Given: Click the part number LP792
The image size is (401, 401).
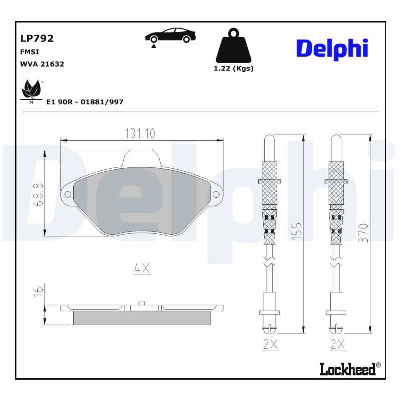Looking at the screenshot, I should (36, 38).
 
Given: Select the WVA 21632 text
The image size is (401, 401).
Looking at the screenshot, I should (42, 64).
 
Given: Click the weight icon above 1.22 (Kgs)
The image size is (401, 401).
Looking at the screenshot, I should (233, 46).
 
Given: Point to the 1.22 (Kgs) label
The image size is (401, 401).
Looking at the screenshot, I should (233, 69).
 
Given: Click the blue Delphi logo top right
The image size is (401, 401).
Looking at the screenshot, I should (332, 48).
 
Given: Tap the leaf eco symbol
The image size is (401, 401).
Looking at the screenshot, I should (31, 90).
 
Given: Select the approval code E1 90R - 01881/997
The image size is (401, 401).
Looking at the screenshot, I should (85, 102).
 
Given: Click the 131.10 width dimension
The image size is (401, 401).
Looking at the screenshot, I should (140, 134).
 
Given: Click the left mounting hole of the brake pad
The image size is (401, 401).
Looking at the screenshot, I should (66, 194).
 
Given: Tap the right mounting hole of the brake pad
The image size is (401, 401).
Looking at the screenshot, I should (216, 194).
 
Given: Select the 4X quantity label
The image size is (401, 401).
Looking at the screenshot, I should (141, 269).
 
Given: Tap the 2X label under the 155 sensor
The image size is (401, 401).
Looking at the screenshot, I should (270, 344).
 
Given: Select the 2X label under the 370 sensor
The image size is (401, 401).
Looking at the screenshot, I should (338, 344).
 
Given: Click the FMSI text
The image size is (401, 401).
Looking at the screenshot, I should (29, 52).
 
